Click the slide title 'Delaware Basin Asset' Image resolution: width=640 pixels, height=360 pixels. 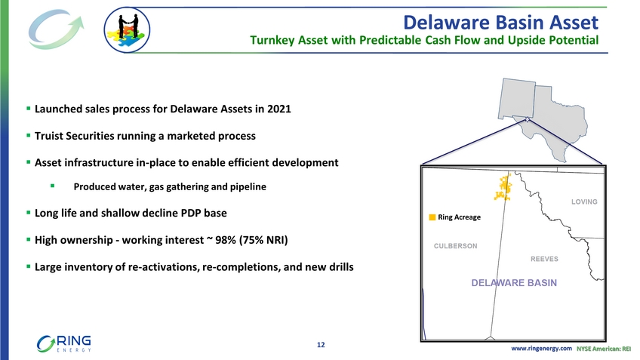501,22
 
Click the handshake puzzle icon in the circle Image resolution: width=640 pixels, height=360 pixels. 127,29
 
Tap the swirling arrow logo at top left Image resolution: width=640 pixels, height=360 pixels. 56,29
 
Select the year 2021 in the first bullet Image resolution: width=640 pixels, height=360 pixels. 278,109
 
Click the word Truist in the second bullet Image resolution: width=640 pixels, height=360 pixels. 48,136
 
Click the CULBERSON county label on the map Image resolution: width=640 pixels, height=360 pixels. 456,246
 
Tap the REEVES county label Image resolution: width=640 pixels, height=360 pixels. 544,259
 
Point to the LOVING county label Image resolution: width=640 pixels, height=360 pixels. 584,202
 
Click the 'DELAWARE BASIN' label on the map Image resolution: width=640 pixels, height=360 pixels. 514,283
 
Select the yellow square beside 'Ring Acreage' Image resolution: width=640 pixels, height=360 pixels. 432,217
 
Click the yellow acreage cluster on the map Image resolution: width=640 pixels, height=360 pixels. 503,187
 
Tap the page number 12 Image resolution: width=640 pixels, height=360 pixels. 321,345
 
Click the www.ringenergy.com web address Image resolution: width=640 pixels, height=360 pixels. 541,348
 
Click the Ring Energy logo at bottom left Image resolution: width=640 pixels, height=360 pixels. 63,343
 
